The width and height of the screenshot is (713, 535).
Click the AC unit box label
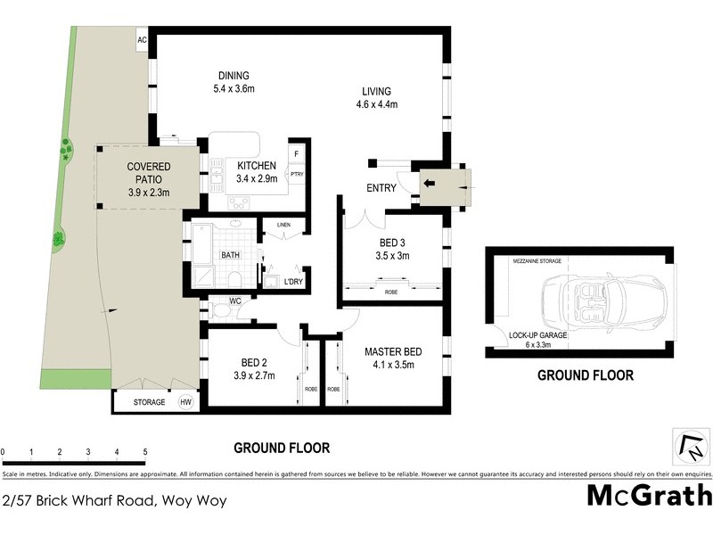[142, 40]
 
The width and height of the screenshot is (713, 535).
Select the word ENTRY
[382, 188]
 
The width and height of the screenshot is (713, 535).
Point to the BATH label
[231, 255]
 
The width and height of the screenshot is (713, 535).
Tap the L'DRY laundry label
[293, 282]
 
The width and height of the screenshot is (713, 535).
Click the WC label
[235, 301]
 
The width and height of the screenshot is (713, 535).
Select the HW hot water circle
[187, 402]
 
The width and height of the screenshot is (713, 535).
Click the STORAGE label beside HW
[150, 403]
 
